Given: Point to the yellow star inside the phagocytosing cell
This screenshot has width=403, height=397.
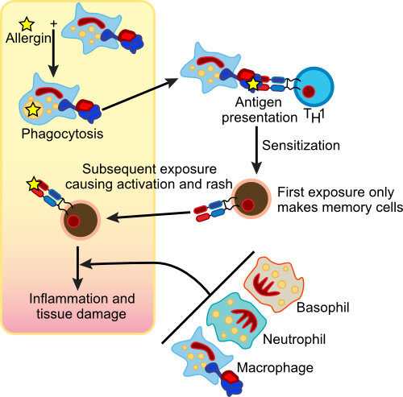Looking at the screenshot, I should (x=33, y=107).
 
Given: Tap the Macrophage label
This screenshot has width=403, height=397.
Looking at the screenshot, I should (x=285, y=368).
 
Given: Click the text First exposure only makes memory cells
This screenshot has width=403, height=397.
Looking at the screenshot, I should (x=339, y=200).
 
